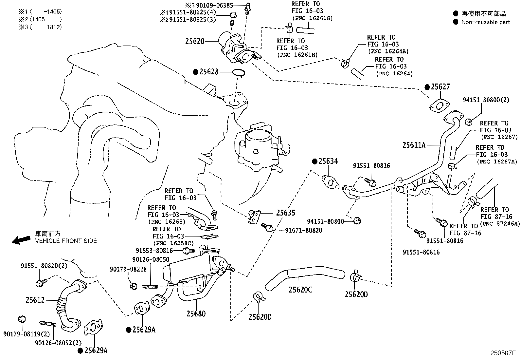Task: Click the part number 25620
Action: [x=195, y=42]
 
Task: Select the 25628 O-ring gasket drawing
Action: [x=239, y=73]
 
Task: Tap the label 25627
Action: [x=440, y=86]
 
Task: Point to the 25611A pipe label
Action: [x=414, y=145]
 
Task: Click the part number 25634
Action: [x=328, y=161]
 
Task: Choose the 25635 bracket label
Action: [x=285, y=213]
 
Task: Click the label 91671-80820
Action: [x=303, y=231]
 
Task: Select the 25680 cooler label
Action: [x=196, y=314]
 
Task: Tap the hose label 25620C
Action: [x=300, y=290]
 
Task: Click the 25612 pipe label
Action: [x=35, y=300]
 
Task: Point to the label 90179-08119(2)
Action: [x=27, y=334]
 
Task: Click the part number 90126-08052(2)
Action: [x=58, y=343]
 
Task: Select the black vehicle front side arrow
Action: [x=21, y=240]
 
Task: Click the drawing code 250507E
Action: [x=503, y=353]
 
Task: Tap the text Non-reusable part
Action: [x=486, y=22]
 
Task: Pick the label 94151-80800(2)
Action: [x=486, y=100]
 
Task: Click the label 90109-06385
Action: [x=214, y=5]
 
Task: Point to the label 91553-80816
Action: [x=154, y=251]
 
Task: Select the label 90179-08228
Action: [x=128, y=269]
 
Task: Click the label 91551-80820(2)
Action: [x=44, y=266]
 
